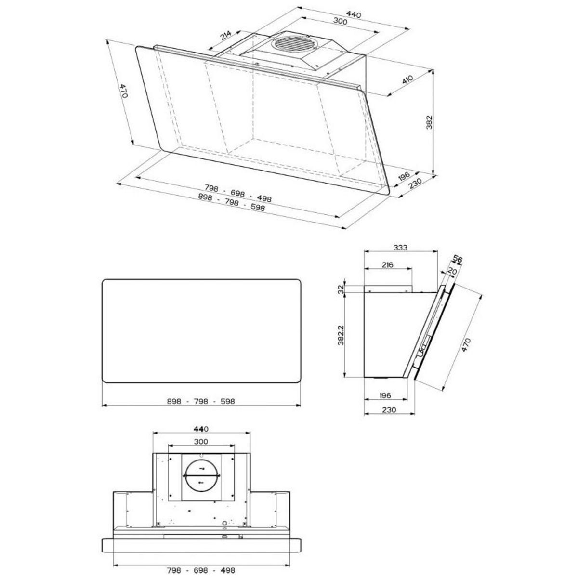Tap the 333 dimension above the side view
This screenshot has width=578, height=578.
pos(400,248)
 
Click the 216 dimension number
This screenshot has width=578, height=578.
pos(387,264)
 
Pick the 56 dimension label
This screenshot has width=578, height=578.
pos(458,260)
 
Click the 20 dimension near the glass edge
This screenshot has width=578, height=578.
pos(451,271)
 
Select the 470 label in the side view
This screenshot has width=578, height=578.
pos(466,345)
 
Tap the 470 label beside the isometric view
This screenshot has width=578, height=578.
pos(124,91)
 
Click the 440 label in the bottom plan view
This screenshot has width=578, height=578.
pos(201,428)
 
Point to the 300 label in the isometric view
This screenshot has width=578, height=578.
pos(341,21)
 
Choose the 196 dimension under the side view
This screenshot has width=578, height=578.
pos(384,395)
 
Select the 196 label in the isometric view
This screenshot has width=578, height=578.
pos(403,176)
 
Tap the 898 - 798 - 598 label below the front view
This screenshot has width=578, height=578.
pos(201,401)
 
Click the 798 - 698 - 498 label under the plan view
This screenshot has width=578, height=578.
pos(201,569)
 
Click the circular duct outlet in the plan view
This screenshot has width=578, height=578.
pos(201,475)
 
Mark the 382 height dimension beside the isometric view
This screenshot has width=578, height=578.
pos(430,123)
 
